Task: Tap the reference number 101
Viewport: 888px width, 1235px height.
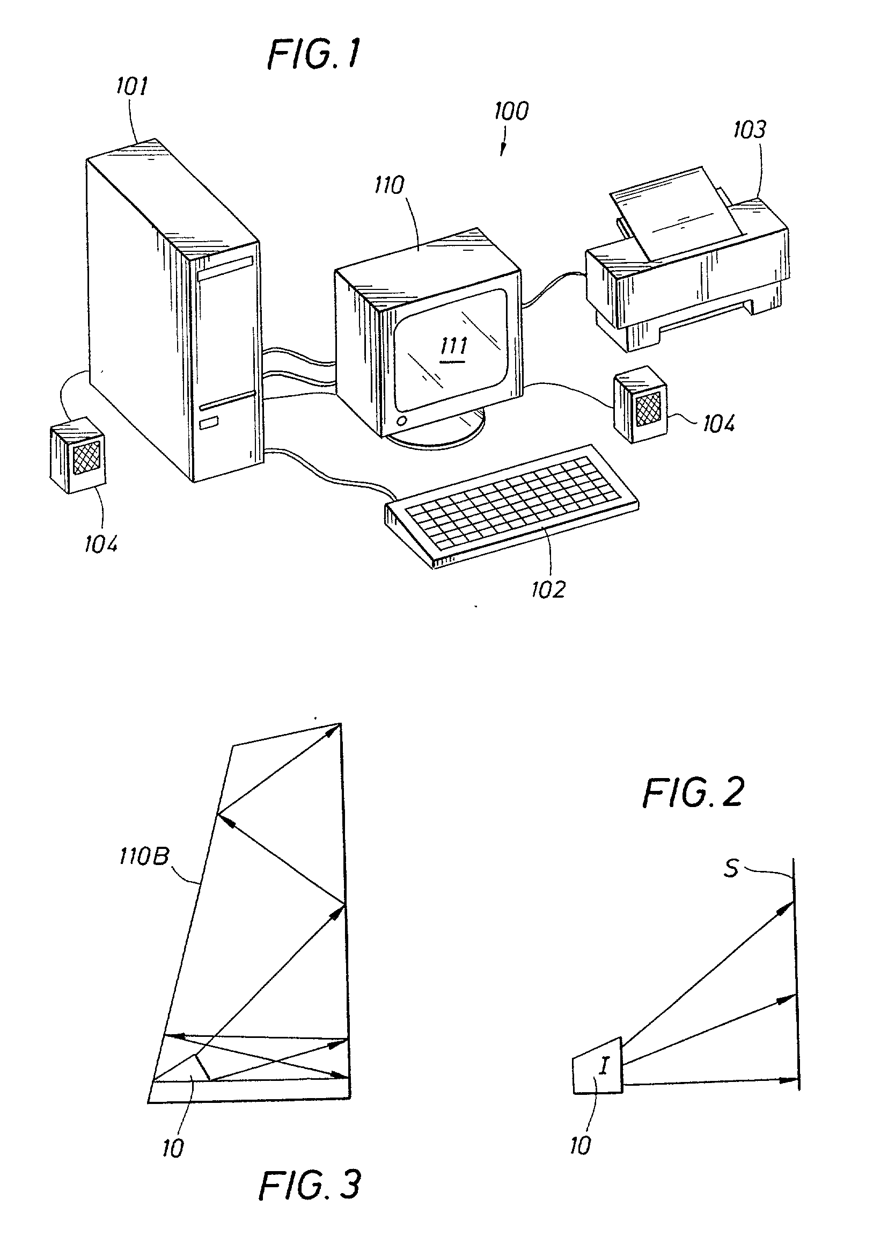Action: click(131, 85)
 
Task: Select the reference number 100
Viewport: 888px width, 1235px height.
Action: click(511, 111)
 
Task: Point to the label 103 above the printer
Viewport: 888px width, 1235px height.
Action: click(749, 129)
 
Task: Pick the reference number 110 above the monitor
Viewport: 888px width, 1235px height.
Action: click(389, 186)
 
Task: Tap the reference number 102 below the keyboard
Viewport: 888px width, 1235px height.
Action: click(548, 589)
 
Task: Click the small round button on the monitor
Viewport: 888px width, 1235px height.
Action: click(402, 421)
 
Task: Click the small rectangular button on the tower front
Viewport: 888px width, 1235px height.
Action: click(208, 424)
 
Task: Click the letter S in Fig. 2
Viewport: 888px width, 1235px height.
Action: click(730, 869)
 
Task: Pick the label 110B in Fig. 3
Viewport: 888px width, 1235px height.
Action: click(144, 857)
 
